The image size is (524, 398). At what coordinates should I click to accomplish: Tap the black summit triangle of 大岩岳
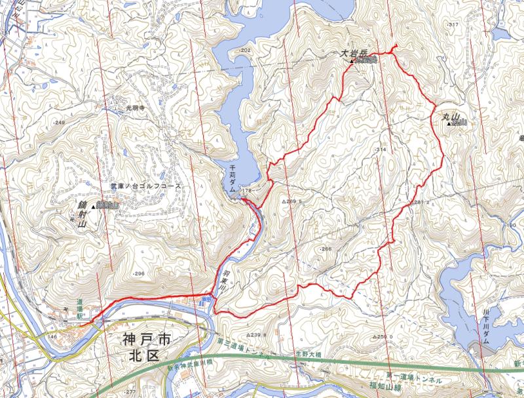pyautogui.click(x=352, y=62)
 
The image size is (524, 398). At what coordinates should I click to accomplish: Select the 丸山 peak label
pyautogui.click(x=443, y=117)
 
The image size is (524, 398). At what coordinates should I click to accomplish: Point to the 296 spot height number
pyautogui.click(x=138, y=273)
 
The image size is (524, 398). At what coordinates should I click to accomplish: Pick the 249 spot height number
pyautogui.click(x=60, y=123)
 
